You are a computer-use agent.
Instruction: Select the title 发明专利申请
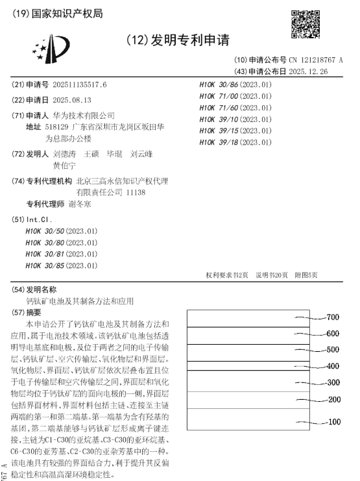191,41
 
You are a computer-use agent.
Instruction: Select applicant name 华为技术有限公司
84,115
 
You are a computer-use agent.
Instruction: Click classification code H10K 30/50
61,231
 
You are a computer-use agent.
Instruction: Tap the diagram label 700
333,317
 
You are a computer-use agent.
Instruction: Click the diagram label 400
333,367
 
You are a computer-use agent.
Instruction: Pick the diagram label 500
333,350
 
